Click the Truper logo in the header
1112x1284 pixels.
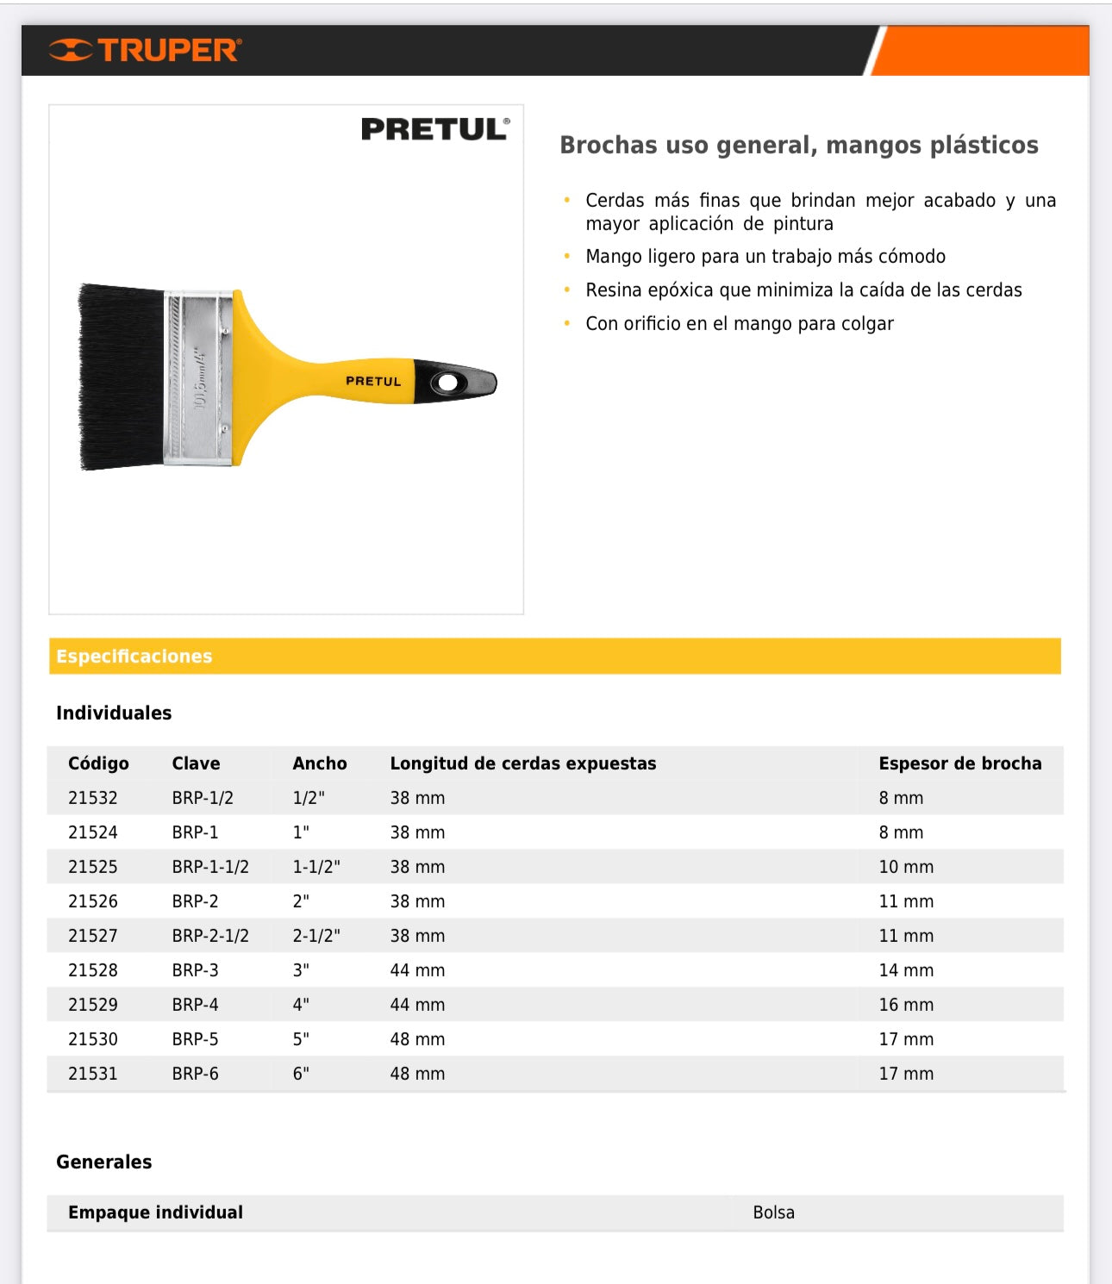click(146, 50)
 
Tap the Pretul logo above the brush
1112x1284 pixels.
click(435, 129)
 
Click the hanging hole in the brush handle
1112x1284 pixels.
click(448, 382)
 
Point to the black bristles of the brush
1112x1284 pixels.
click(121, 377)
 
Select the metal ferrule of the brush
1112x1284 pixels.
click(199, 377)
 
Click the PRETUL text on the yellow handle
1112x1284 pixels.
click(373, 381)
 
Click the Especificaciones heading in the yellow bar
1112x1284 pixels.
click(134, 657)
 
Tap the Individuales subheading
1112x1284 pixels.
click(114, 713)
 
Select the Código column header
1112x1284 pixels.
click(98, 764)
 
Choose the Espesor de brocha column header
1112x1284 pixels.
click(960, 764)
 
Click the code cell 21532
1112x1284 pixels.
click(93, 798)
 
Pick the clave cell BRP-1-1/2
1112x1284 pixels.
click(210, 867)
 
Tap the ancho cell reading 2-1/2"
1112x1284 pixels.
click(316, 936)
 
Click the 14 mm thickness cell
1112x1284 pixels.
click(906, 970)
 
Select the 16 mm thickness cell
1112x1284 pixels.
click(906, 1005)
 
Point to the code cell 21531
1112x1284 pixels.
click(93, 1074)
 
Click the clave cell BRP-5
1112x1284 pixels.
click(195, 1039)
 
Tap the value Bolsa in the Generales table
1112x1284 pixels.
click(773, 1212)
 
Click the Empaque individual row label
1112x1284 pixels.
click(155, 1212)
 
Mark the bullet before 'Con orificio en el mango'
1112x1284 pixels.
click(567, 323)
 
